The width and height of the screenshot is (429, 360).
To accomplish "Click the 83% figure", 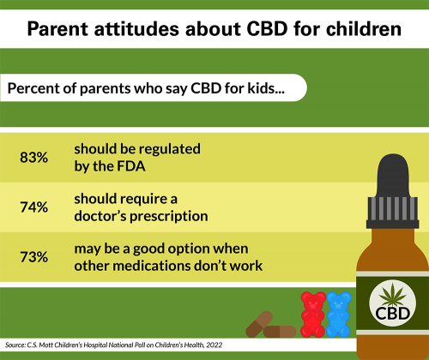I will (35, 157).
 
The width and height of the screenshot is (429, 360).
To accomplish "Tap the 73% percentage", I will (35, 256).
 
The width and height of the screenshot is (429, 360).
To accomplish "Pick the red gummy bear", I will (311, 313).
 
